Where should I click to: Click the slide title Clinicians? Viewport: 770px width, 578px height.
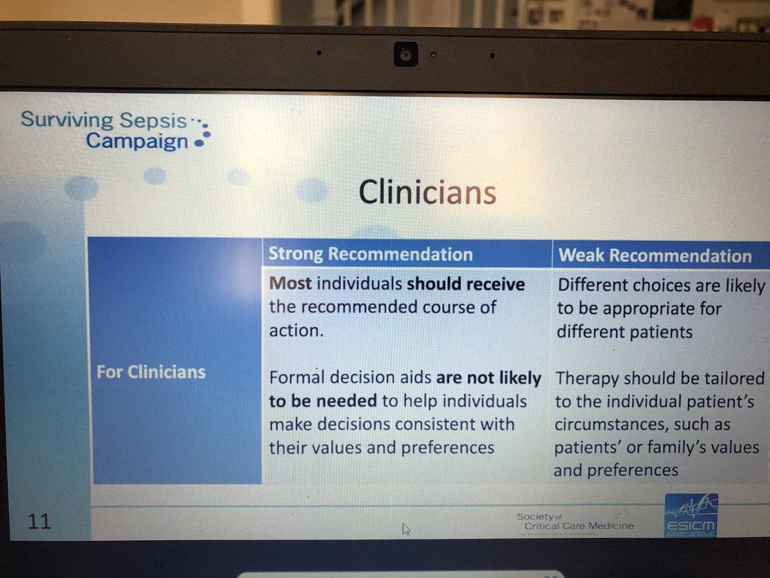427,191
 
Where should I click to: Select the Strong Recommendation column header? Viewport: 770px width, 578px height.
370,254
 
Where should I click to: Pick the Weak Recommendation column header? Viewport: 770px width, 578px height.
654,256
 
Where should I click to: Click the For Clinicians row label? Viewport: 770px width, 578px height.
151,372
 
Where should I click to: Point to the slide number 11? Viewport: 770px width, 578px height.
39,522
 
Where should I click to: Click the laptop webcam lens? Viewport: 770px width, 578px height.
406,56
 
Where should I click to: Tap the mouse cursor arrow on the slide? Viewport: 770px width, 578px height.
405,529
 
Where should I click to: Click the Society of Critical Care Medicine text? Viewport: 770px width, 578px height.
574,521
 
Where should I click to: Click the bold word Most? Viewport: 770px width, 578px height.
290,283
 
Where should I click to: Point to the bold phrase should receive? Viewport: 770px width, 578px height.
466,283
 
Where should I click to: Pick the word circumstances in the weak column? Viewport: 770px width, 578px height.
614,425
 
